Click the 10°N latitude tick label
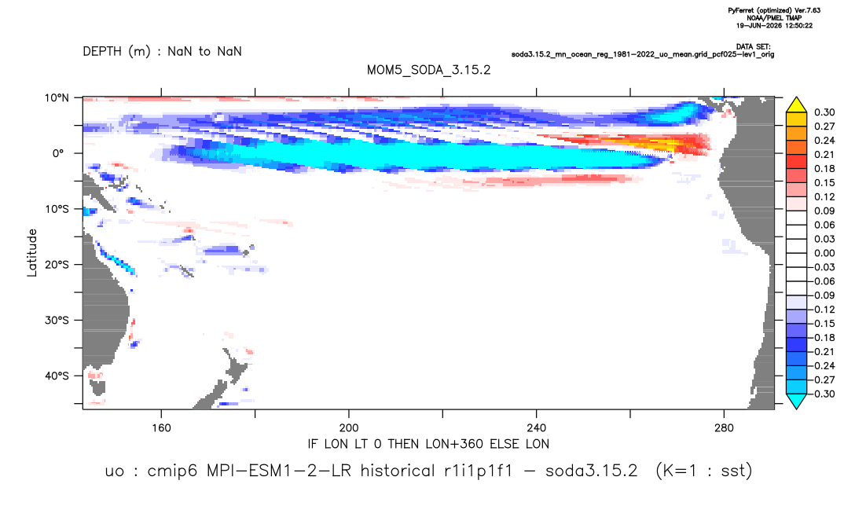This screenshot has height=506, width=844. pos(57,98)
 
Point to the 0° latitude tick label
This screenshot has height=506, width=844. pos(58,153)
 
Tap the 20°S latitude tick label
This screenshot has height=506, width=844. pos(57,265)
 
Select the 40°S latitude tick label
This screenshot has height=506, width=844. pos(57,376)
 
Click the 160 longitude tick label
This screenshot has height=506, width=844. pos(161,428)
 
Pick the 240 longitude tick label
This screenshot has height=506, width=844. pos(536,428)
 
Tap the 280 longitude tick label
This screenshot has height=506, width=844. pos(724,428)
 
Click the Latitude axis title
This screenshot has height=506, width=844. pos(32,253)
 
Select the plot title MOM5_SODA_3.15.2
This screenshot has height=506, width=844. pos(428,71)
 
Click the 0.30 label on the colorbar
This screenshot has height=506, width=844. pos(824,112)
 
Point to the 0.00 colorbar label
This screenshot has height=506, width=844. pos(824,253)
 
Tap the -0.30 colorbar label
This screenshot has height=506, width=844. pos(823,394)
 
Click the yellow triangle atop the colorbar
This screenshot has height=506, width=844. pos(796,105)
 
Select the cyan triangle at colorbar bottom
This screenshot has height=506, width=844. pos(796,401)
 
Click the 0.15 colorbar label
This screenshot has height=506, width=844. pos(824,183)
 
